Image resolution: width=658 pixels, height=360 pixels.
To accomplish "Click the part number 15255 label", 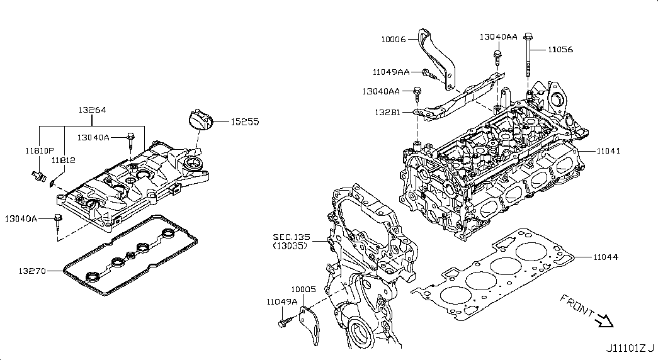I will (244, 121).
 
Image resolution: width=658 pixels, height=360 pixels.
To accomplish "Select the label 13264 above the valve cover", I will (92, 110).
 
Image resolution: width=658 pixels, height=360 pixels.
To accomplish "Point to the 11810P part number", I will (38, 151).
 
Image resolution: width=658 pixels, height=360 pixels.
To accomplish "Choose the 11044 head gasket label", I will (605, 257).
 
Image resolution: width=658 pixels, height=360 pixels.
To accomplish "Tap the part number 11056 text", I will (560, 48).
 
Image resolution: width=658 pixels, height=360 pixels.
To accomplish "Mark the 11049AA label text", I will (391, 72).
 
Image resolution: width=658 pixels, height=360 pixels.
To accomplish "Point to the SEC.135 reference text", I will (290, 237).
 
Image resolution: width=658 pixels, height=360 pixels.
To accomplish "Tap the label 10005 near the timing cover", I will (303, 290).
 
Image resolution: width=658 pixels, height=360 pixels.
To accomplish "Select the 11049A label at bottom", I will (281, 301).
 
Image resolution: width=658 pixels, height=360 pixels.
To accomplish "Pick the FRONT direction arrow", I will (605, 322).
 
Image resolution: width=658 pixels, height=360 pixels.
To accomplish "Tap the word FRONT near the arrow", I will (576, 305).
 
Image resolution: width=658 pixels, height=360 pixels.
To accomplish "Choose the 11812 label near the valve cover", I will (64, 160).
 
